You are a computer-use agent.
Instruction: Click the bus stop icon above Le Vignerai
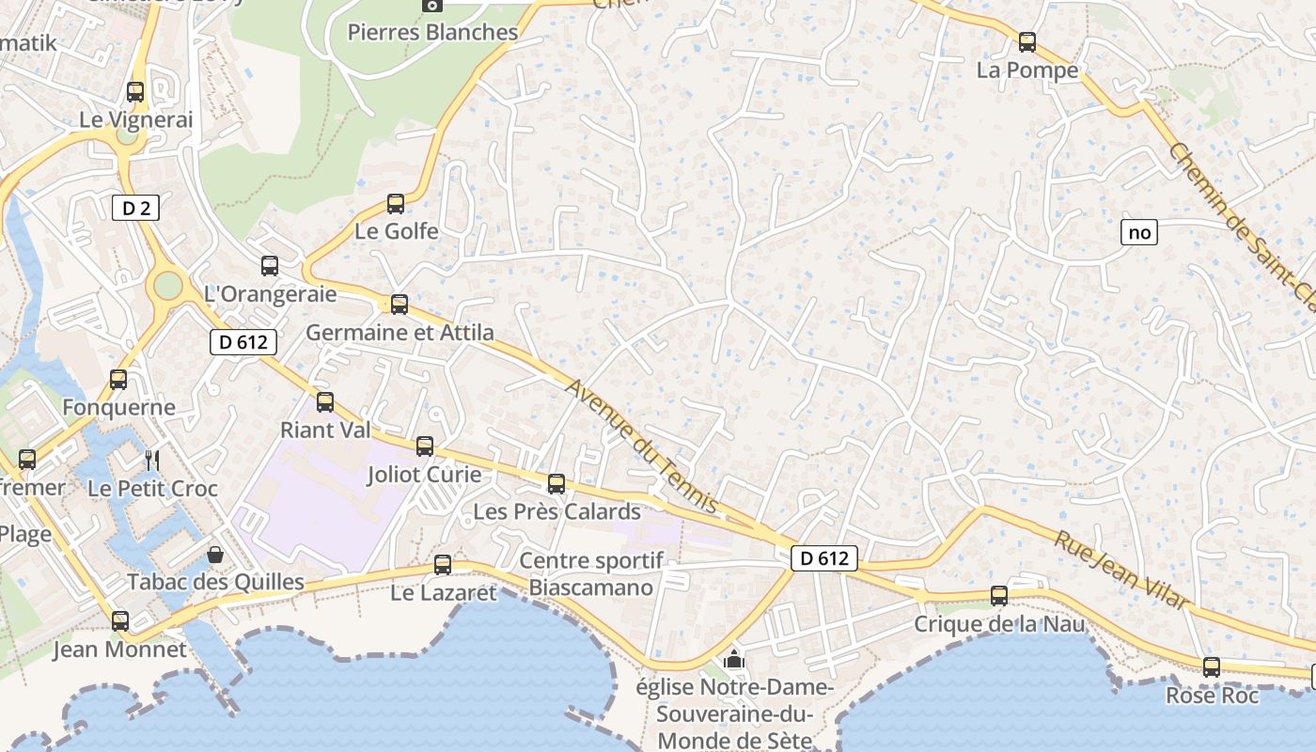click(x=135, y=92)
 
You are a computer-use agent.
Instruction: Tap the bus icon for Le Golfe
click(x=396, y=204)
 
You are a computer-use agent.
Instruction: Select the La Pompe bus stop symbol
click(x=1027, y=42)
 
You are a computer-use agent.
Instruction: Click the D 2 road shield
click(x=136, y=208)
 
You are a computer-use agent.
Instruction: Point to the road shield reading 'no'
click(x=1138, y=232)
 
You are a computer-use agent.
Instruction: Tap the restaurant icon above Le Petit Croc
click(x=152, y=460)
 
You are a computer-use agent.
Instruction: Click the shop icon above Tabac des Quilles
click(x=215, y=555)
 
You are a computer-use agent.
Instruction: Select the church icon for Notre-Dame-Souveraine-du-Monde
click(x=734, y=659)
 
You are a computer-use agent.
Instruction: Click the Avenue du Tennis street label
click(x=642, y=446)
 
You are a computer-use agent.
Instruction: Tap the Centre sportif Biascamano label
click(x=591, y=574)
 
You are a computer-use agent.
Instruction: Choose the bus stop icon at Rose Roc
click(x=1212, y=667)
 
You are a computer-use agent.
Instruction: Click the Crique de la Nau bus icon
click(x=999, y=596)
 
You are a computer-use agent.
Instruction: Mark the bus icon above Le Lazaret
click(x=443, y=565)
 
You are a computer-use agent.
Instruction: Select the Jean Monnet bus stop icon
click(x=120, y=621)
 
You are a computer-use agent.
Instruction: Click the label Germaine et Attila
click(x=399, y=333)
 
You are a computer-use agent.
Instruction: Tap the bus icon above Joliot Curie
click(x=425, y=446)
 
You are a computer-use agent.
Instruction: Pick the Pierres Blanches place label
click(x=432, y=32)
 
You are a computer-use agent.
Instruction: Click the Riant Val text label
click(x=325, y=431)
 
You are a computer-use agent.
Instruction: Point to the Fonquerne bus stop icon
click(x=118, y=380)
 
